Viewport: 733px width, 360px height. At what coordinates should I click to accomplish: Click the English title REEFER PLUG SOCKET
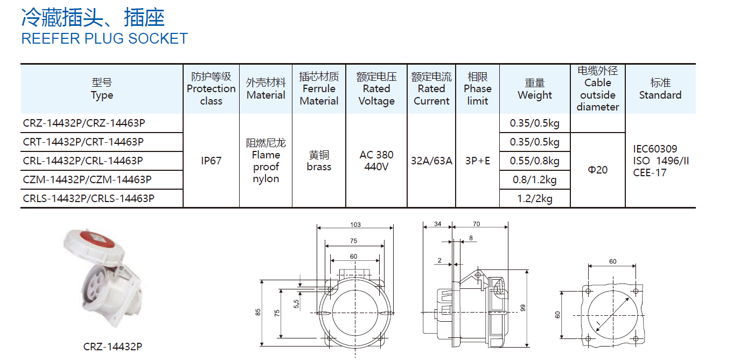(x=104, y=39)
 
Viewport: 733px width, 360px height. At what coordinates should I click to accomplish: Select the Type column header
(x=102, y=89)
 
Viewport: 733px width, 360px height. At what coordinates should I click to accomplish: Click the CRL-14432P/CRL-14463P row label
(x=83, y=161)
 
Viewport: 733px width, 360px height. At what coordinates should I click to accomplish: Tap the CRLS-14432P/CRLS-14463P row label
(x=88, y=198)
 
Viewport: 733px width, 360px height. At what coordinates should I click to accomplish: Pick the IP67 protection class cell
(x=211, y=161)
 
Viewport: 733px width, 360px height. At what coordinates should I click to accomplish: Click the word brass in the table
(x=319, y=167)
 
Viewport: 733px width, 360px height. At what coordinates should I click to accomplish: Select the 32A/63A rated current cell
(x=431, y=161)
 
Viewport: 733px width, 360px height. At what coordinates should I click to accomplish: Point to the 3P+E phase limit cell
(x=477, y=161)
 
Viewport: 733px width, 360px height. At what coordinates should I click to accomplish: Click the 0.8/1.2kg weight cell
(x=534, y=180)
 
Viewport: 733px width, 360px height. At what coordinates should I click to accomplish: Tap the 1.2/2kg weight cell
(x=534, y=199)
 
